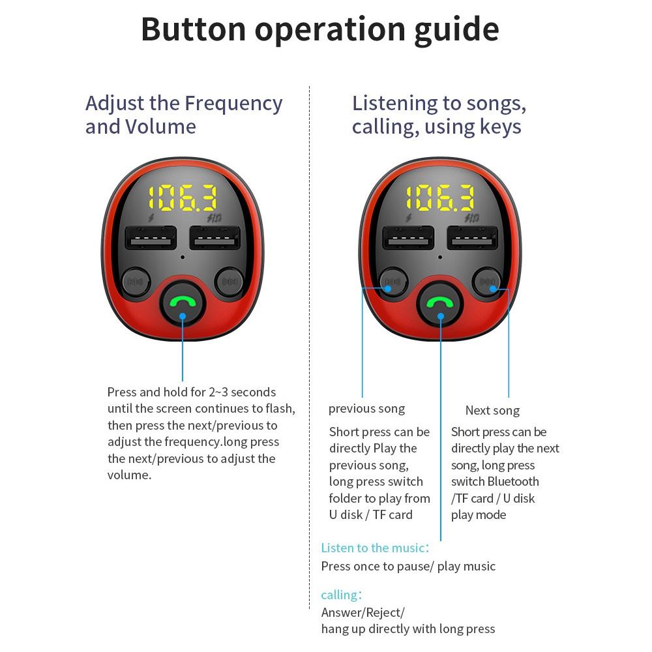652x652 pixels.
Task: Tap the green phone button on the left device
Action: click(x=183, y=304)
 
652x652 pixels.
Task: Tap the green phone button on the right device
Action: click(x=440, y=304)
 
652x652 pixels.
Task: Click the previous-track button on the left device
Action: click(x=136, y=282)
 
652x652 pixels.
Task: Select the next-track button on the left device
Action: click(x=229, y=282)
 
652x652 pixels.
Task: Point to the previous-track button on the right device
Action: click(x=393, y=282)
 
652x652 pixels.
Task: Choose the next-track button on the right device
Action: click(x=487, y=282)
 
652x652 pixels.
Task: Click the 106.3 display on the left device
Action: click(x=183, y=198)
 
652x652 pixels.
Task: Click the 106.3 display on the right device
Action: click(x=440, y=198)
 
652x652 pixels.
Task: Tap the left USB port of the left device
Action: click(x=151, y=237)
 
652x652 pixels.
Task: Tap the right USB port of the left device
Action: click(x=215, y=237)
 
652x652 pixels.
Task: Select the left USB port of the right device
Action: click(x=408, y=237)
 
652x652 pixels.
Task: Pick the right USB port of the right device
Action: click(x=472, y=237)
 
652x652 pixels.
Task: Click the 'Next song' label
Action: click(x=492, y=411)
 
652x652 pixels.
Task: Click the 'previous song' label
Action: click(x=366, y=409)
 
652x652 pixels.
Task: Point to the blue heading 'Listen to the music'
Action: click(x=375, y=548)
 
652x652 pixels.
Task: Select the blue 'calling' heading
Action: click(x=342, y=595)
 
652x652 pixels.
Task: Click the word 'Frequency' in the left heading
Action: click(x=233, y=104)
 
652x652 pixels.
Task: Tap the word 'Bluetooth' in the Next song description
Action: click(x=513, y=482)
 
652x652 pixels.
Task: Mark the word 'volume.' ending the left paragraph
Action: click(x=129, y=475)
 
